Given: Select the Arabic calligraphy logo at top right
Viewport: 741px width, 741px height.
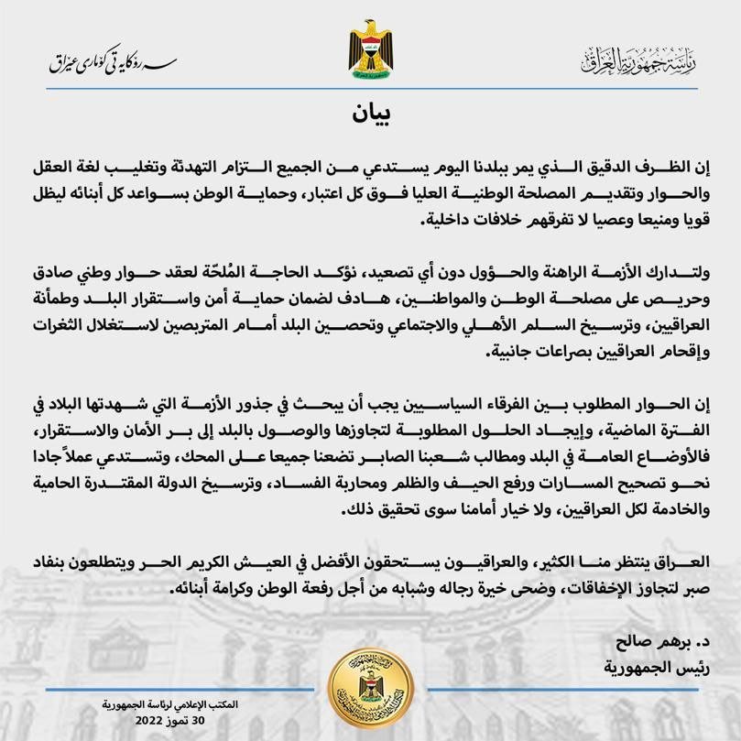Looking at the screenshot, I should click(638, 60).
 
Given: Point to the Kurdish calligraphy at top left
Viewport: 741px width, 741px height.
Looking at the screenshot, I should click(113, 63).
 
